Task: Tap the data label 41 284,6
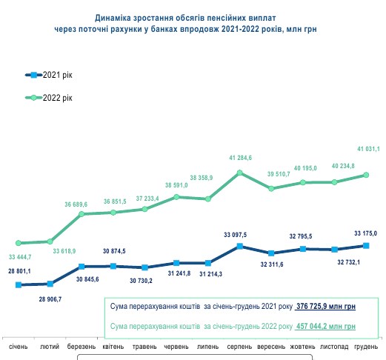[x=241, y=159]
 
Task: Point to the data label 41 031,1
[x=367, y=148]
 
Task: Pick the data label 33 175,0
[x=365, y=233]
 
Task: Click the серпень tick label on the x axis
[x=239, y=346]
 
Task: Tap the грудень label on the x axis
[x=366, y=346]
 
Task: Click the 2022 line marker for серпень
[x=240, y=173]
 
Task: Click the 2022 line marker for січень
[x=18, y=243]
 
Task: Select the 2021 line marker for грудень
[x=366, y=245]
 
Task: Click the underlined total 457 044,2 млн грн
[x=326, y=326]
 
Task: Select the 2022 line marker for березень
[x=82, y=214]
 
